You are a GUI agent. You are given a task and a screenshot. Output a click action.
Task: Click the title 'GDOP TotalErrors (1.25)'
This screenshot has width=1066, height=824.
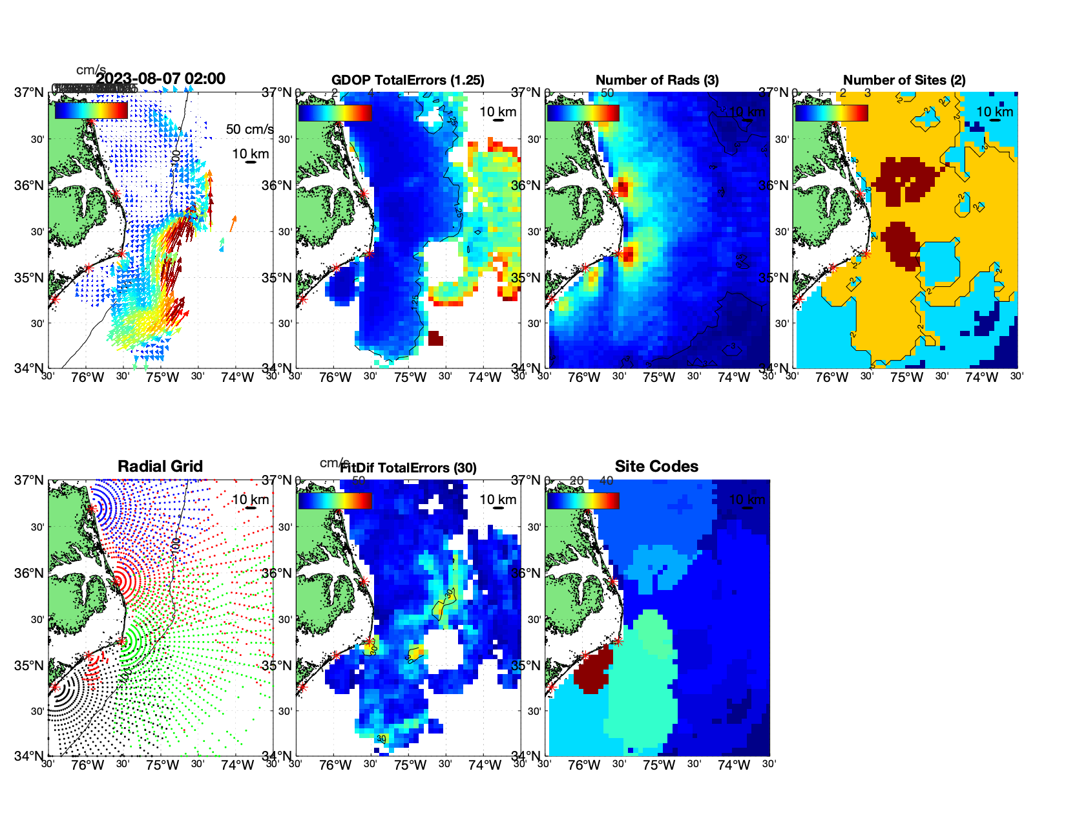coord(408,80)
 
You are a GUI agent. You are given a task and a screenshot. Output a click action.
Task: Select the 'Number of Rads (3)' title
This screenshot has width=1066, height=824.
coord(656,80)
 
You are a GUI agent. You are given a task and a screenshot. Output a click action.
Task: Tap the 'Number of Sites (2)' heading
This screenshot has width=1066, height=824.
coord(904,80)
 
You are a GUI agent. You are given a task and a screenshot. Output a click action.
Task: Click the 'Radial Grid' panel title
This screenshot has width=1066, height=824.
coord(160,467)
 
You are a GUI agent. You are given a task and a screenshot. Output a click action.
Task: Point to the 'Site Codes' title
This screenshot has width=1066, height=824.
coord(656,467)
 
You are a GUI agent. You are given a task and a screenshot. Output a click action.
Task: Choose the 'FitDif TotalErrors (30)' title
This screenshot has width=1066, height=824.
coord(408,468)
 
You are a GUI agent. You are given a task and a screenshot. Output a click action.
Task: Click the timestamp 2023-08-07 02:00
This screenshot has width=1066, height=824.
coord(161,79)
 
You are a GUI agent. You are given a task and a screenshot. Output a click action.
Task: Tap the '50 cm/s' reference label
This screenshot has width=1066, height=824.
coord(249,129)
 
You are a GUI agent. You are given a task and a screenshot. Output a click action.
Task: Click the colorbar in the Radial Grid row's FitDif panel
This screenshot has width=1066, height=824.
coord(335,501)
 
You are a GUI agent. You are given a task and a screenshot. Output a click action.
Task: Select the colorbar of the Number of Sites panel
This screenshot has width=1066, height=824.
coord(831,113)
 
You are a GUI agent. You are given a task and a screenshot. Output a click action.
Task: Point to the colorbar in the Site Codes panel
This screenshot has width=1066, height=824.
coord(583,501)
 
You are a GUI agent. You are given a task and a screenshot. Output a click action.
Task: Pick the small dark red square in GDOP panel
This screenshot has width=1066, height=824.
coord(435,338)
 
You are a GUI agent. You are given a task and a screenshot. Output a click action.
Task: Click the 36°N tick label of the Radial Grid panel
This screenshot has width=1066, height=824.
coord(30,573)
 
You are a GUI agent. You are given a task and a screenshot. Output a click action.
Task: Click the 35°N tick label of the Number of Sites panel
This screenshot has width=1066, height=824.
coord(773,278)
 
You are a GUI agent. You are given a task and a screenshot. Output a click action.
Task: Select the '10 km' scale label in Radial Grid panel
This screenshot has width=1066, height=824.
coord(250,500)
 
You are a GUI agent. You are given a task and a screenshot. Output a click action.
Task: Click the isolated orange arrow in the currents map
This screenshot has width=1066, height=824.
coord(233,224)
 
